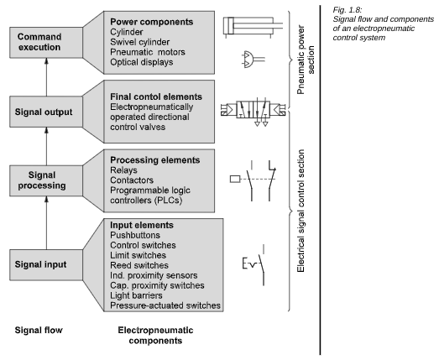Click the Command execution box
46,43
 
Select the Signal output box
46,112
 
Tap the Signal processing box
46,180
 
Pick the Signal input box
46,265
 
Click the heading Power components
151,22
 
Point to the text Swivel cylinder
139,42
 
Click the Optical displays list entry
141,62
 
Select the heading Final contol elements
156,97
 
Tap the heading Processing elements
154,160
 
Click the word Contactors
132,180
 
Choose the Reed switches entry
139,265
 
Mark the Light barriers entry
136,295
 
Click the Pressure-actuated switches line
165,305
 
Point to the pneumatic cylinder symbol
253,27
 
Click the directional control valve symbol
253,112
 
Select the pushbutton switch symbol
253,265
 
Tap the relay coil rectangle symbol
235,179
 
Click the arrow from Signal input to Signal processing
46,223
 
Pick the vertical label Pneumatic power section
306,60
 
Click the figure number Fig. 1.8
348,10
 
